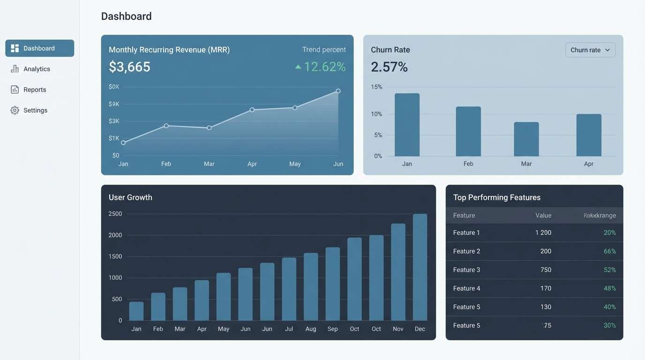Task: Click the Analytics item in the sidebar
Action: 36,69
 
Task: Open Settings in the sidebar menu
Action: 35,110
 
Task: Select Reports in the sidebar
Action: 34,90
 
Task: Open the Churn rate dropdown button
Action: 590,50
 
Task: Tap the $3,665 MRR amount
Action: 129,67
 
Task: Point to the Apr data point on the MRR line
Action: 252,110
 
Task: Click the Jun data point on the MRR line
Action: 338,91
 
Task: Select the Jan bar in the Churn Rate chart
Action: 407,125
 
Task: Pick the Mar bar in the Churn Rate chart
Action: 526,139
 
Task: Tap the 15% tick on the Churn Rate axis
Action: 376,87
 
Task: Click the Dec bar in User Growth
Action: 420,267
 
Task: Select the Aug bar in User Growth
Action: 311,286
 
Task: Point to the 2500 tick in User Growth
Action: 115,214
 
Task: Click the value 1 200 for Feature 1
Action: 543,232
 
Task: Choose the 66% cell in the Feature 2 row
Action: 609,251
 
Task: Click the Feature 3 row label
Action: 466,270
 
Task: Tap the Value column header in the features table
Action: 543,216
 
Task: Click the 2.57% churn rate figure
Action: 389,67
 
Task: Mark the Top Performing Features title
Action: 496,197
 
